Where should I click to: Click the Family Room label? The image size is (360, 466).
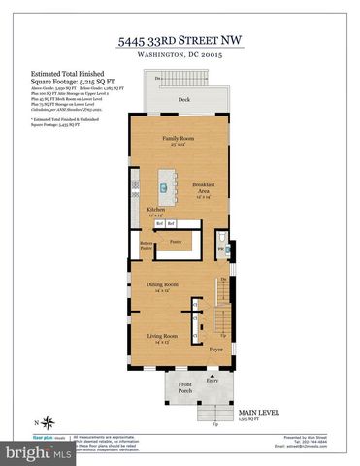click(179, 139)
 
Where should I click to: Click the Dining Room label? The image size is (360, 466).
click(163, 284)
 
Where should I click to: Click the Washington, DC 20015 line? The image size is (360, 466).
click(181, 56)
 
